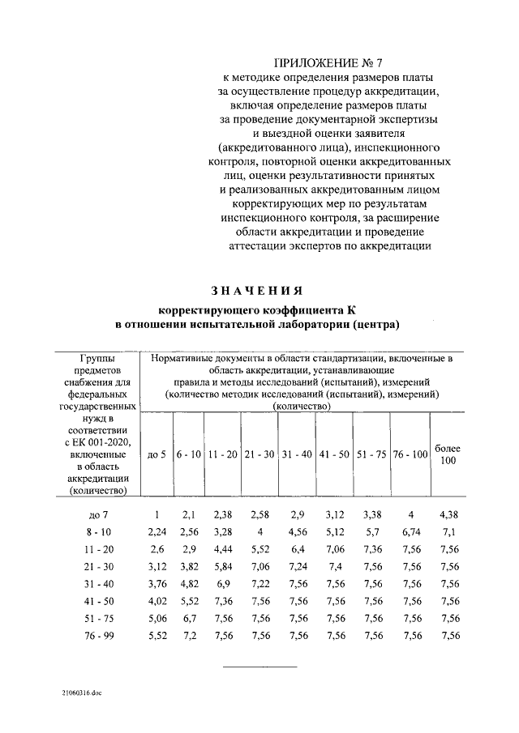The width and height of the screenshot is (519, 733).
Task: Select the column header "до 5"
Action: click(157, 455)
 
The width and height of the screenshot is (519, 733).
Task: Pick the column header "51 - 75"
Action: click(372, 455)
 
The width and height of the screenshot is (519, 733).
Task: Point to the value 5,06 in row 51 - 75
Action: click(157, 619)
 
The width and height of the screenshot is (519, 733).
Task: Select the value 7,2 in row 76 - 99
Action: click(188, 637)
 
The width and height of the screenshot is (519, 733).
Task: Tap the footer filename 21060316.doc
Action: click(80, 693)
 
